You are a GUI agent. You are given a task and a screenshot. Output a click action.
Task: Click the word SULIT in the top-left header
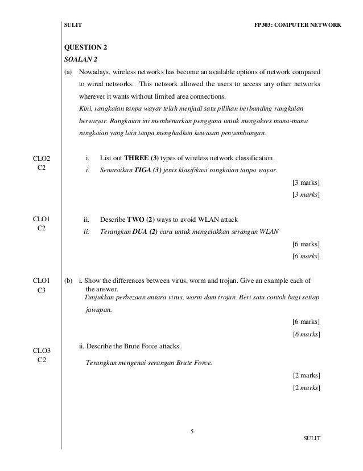[x=73, y=26]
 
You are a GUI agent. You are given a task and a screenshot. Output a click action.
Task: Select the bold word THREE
[x=137, y=158]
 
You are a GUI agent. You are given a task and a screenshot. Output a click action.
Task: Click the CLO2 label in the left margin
[x=42, y=158]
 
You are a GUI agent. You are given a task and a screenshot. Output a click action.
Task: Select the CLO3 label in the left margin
[x=42, y=350]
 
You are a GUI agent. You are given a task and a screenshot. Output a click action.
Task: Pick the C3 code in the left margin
[x=42, y=291]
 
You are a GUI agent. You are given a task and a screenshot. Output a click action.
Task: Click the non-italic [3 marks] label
[x=306, y=182]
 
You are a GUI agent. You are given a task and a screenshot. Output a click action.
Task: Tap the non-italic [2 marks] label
[x=306, y=375]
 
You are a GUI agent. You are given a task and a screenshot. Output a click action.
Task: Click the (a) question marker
[x=69, y=72]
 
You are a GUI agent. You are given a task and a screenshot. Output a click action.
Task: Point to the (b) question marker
[x=69, y=281]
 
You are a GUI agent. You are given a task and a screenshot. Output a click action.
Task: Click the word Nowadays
[x=94, y=72]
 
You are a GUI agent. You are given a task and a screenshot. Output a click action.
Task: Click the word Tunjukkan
[x=100, y=298]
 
